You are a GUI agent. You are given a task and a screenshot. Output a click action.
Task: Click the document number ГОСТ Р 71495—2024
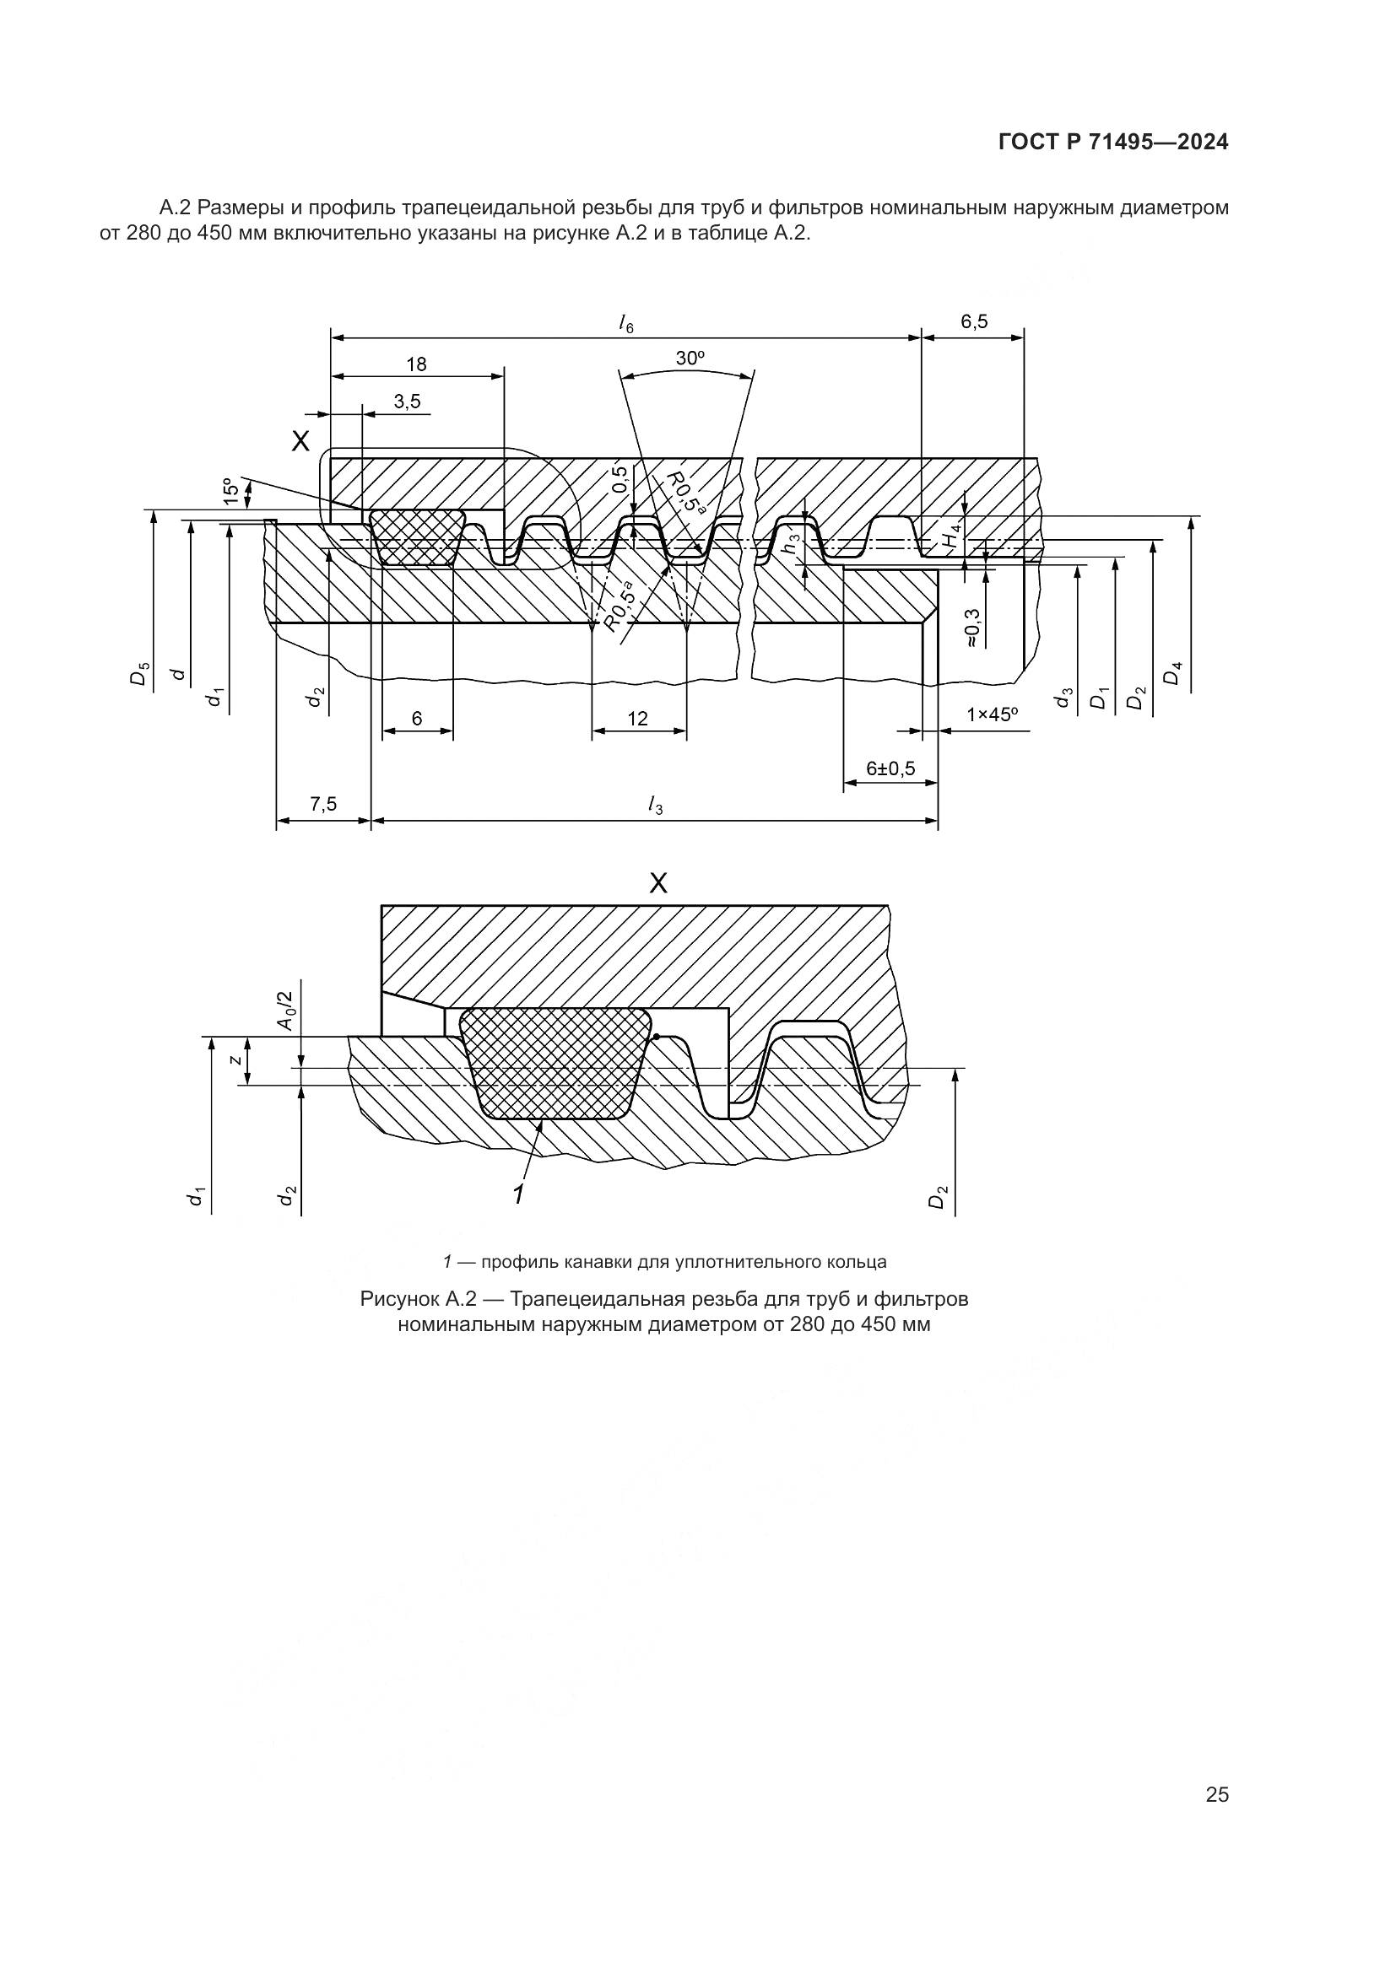coord(1113,143)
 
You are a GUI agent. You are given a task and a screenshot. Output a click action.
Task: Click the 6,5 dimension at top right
coord(974,322)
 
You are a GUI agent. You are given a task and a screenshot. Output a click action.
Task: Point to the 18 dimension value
coord(416,364)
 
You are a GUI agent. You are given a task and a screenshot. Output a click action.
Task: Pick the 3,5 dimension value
coord(408,402)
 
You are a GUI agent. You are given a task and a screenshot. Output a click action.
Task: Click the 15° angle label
coord(230,490)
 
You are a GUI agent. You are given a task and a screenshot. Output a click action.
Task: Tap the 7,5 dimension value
coord(323,805)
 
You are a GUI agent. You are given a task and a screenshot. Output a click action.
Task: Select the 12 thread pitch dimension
coord(638,719)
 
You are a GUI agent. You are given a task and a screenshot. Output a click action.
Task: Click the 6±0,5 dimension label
coord(890,768)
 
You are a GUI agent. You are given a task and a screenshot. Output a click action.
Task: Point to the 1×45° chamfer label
coord(992,714)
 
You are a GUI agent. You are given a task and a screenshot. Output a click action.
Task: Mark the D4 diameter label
coord(1173,673)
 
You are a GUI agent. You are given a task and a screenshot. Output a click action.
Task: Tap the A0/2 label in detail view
coord(284,1011)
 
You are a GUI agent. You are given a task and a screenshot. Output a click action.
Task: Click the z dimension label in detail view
coord(235,1060)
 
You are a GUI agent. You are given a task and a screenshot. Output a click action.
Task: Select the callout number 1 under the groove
coord(518,1194)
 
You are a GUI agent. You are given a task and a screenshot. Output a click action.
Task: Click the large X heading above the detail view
coord(657,882)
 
